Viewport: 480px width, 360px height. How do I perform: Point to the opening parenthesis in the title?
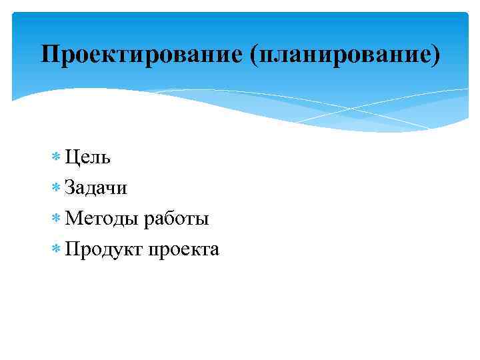click(x=254, y=55)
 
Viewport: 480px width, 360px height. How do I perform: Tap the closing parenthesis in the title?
click(x=436, y=55)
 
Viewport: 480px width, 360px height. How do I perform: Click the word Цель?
click(x=88, y=158)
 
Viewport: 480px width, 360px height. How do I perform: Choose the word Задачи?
click(x=96, y=189)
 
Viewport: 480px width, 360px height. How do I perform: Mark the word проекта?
click(x=184, y=250)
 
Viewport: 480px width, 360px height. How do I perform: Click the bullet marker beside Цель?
click(x=55, y=158)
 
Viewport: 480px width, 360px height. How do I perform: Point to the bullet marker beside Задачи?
click(x=55, y=189)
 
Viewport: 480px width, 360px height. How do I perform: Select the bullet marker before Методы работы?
click(x=55, y=219)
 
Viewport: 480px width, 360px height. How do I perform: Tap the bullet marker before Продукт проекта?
click(x=55, y=249)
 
